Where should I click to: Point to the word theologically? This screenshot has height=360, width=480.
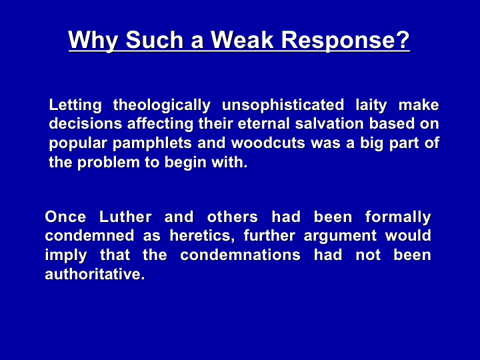point(162,105)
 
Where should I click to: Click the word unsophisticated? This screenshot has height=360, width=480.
point(283,105)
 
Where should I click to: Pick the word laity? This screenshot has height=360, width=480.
point(371,105)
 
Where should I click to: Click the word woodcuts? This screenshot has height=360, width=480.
point(268,143)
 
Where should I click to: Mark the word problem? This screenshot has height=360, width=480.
point(109,163)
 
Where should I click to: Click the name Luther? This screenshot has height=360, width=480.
point(125,217)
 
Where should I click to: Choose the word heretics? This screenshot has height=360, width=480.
point(203,237)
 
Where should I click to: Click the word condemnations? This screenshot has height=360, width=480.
point(240,255)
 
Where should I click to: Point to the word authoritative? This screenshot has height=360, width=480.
point(95,274)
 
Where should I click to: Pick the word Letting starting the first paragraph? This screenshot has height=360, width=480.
point(75,105)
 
